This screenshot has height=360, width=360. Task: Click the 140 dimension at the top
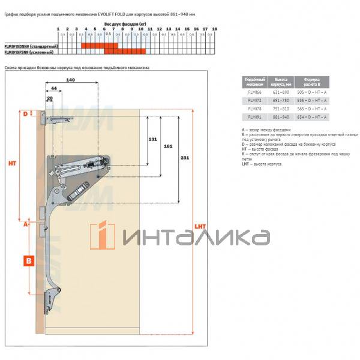71,80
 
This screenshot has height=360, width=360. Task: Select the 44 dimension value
54,88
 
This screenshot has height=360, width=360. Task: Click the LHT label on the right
200,227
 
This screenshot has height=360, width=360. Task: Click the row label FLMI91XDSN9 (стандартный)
31,46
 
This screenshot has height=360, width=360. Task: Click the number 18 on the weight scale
214,29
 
